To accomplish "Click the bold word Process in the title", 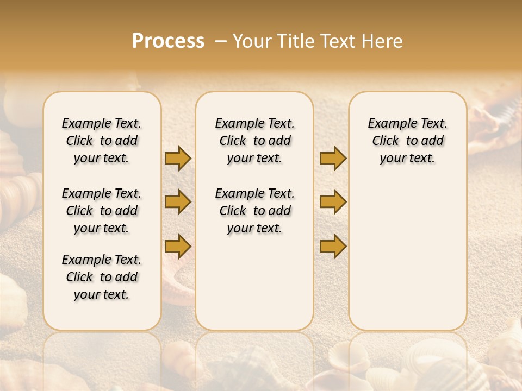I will pos(168,41).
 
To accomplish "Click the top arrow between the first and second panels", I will pos(178,158).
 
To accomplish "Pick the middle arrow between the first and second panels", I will pos(178,202).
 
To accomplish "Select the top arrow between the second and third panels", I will pos(333,158).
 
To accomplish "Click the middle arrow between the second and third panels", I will pos(333,202).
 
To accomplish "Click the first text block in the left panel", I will pos(102,141).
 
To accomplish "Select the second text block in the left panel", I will pos(102,211).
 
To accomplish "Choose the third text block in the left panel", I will pos(102,277).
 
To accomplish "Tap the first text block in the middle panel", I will pos(254,141).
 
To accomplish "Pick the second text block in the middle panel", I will pos(254,211).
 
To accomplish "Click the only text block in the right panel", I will pos(407,141).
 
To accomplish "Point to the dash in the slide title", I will pos(221,41).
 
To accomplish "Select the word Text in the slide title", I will pos(334,41).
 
